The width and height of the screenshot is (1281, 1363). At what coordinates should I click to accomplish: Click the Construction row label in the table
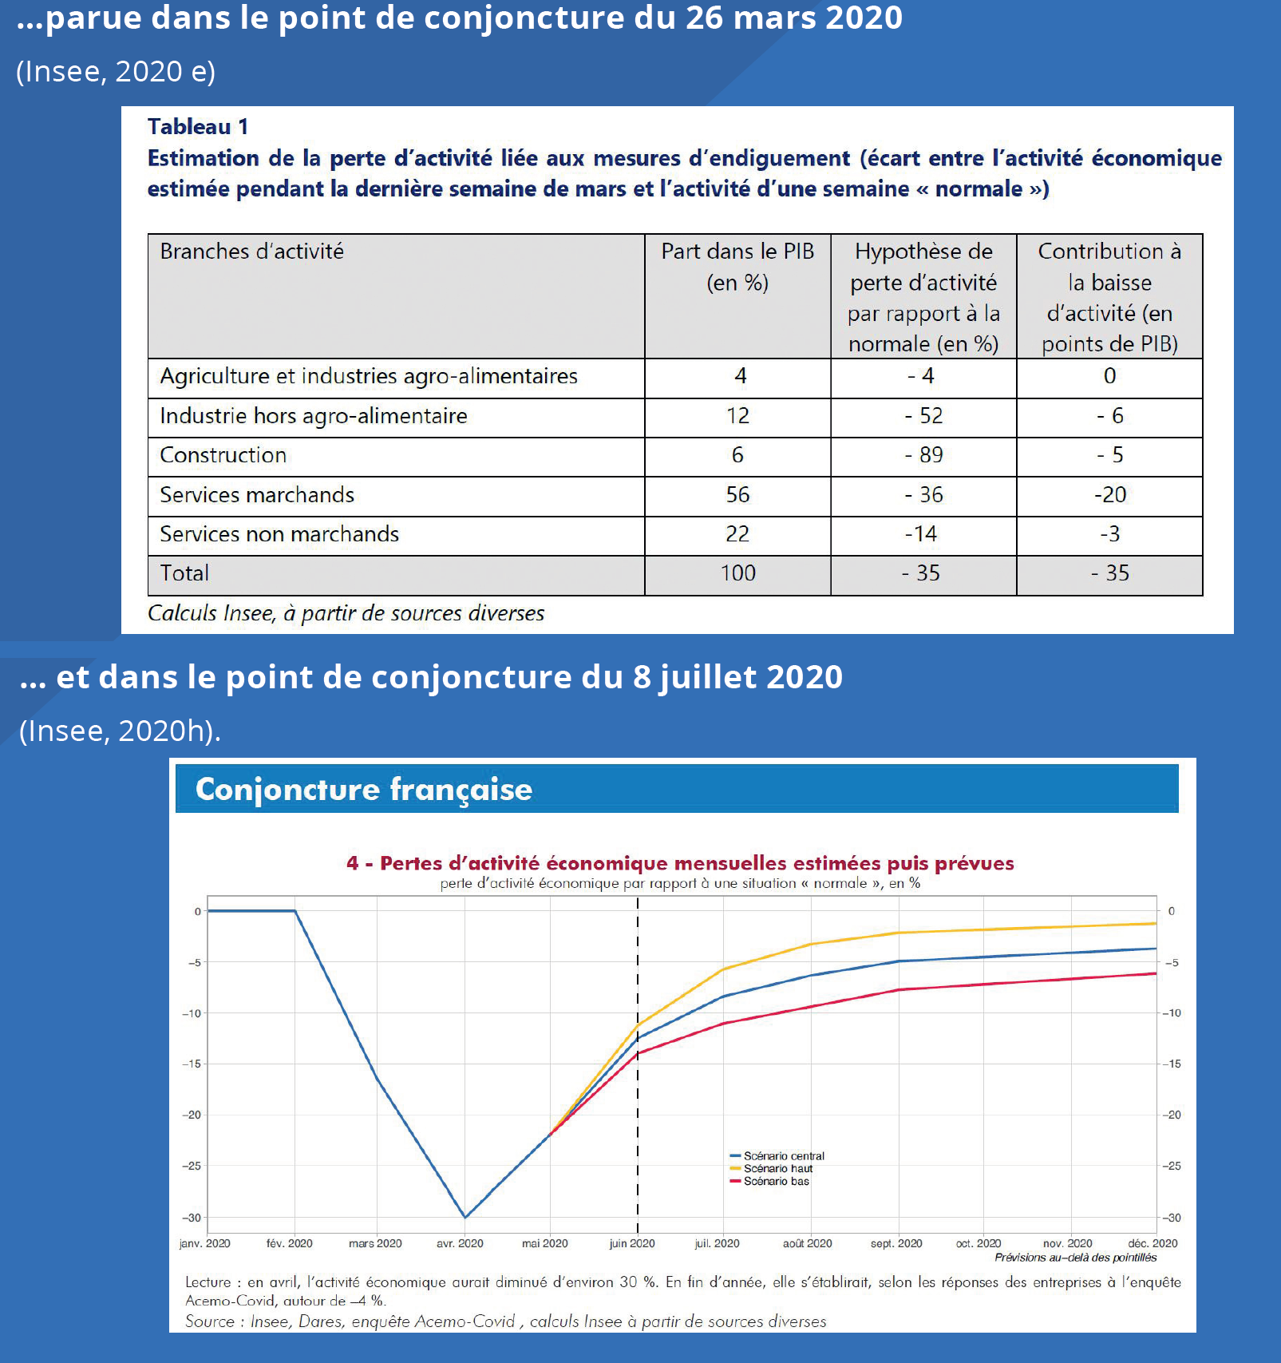[x=223, y=455]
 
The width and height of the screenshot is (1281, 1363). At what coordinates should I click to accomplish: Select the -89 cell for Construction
[x=923, y=455]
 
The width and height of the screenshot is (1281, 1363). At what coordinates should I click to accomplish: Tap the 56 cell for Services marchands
[x=737, y=495]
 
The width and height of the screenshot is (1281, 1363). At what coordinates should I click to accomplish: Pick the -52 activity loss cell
[x=923, y=416]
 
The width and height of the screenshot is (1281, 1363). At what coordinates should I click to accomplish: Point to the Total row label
[x=184, y=573]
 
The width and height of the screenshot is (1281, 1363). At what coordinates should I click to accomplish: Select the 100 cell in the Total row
[x=737, y=573]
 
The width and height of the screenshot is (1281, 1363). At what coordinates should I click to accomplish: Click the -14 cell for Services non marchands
[x=921, y=534]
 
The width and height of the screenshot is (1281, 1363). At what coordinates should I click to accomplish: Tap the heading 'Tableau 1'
[x=198, y=127]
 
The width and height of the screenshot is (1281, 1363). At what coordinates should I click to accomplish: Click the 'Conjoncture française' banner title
[x=364, y=789]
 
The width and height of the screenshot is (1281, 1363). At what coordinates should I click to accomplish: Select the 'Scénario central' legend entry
[x=777, y=1156]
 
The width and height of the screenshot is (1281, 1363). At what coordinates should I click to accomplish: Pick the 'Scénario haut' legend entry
[x=771, y=1169]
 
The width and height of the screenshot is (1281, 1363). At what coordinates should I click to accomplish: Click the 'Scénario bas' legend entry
[x=769, y=1182]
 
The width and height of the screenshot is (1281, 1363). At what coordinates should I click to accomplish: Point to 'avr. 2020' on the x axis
[x=460, y=1243]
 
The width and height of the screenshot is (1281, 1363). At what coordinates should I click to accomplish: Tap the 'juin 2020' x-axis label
[x=632, y=1243]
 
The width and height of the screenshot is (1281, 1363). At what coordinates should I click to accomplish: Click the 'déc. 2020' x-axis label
[x=1153, y=1243]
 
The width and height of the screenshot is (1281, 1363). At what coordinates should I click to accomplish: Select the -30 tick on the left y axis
[x=192, y=1218]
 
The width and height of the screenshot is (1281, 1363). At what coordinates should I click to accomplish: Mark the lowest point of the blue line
[x=465, y=1218]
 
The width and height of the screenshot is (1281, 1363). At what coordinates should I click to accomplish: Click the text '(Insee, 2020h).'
[x=120, y=731]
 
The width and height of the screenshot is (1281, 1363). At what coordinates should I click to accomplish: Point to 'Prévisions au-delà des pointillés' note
[x=1075, y=1258]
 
